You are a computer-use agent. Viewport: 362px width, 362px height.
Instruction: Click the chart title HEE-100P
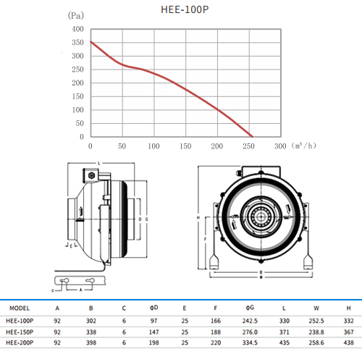185,9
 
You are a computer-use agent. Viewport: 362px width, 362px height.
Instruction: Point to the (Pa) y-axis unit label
76,16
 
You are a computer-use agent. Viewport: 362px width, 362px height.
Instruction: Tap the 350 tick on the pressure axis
77,43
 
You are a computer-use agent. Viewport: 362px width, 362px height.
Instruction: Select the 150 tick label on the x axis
185,146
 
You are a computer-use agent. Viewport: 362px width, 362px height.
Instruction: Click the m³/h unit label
303,146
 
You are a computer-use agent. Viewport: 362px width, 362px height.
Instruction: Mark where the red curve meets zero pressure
253,137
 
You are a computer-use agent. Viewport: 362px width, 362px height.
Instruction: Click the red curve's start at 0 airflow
90,42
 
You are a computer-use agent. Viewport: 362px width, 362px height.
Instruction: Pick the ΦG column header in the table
250,308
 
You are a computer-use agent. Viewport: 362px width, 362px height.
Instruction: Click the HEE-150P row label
20,332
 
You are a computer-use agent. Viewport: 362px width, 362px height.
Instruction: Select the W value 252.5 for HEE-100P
316,321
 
